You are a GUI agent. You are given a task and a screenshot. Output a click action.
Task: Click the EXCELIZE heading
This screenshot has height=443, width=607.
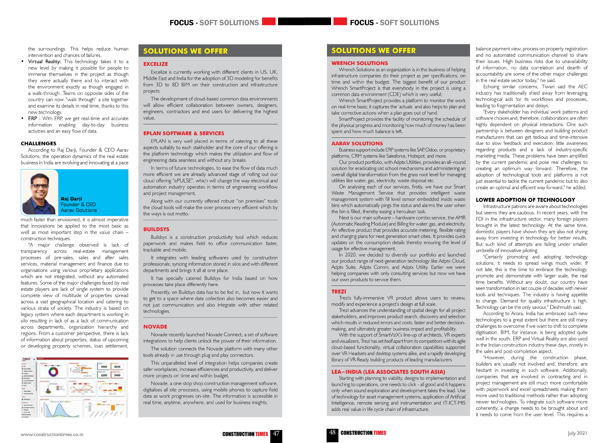[x=156, y=64]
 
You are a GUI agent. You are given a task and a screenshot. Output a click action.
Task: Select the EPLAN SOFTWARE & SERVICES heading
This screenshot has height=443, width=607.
[x=184, y=133]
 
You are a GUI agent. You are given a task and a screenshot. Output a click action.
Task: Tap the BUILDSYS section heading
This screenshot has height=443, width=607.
[x=156, y=229]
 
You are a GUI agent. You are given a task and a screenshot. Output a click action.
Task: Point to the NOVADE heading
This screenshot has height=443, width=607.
[x=155, y=327]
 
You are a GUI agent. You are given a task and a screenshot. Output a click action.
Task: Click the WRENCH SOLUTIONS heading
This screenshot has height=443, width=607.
[x=359, y=63]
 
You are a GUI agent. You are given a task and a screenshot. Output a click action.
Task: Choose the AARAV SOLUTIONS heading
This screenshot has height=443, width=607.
[x=357, y=143]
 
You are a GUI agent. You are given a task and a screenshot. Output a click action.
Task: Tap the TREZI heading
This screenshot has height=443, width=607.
[x=339, y=292]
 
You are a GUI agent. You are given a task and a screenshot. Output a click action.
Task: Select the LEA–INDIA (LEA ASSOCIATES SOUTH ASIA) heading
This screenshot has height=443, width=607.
[x=388, y=372]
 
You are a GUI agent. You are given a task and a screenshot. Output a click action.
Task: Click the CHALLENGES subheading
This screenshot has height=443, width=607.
[x=39, y=143]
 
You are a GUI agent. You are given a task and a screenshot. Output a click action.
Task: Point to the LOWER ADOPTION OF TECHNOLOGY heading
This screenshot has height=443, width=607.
[x=525, y=200]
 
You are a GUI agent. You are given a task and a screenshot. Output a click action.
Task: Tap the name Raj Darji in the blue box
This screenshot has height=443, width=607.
[x=71, y=199]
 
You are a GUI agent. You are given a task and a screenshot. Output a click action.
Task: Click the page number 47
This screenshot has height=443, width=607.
[x=276, y=433]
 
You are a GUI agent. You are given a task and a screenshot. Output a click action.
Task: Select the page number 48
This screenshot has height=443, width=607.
[x=332, y=432]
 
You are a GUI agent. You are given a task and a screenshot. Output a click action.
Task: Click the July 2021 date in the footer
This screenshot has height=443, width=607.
[x=577, y=433]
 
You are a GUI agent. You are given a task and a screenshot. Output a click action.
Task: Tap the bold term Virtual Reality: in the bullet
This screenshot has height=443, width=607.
[x=44, y=62]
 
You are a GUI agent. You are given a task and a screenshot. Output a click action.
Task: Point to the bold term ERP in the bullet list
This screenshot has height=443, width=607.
[x=33, y=119]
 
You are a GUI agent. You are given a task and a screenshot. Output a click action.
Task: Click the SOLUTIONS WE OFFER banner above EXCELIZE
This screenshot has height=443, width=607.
[x=186, y=51]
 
